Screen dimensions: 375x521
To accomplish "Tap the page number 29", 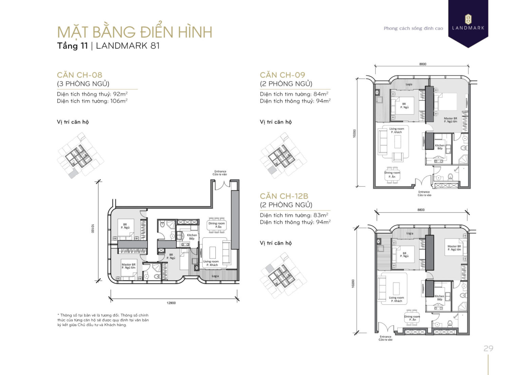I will (488, 348).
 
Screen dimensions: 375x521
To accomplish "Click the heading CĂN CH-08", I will (79, 75).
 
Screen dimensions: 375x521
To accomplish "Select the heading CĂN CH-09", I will (283, 75).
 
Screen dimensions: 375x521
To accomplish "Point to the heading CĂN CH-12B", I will (284, 196).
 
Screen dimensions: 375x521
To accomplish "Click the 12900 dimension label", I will (171, 303).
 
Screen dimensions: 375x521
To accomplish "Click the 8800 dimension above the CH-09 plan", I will (423, 64).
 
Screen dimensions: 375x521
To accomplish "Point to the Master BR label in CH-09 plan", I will (450, 120).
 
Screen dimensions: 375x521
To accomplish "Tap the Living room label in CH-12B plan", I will (396, 299).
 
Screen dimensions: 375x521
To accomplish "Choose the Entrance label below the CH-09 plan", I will (424, 193).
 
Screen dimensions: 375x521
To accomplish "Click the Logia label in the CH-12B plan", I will (410, 233).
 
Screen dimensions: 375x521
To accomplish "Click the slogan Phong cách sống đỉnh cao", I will (413, 29).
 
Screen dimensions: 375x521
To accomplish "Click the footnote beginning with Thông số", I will (103, 320).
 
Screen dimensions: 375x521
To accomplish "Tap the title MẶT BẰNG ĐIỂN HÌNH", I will (135, 32).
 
